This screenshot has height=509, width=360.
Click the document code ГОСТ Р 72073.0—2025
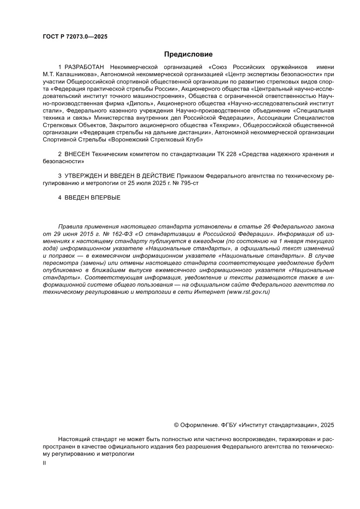[75, 37]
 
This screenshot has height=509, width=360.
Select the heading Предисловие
[188, 54]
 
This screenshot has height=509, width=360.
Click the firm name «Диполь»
[140, 104]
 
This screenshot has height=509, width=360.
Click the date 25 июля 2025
[151, 183]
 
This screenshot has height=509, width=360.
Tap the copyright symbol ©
[176, 425]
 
